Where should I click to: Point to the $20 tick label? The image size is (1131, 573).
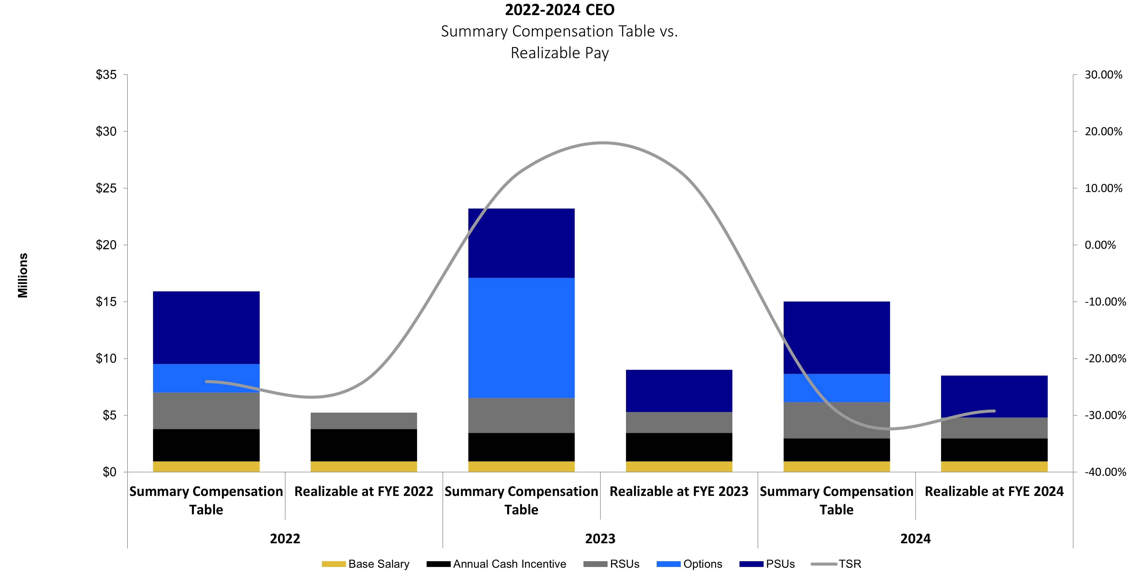[106, 245]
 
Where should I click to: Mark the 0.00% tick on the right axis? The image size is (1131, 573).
[1100, 245]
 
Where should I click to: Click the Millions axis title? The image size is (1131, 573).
[23, 275]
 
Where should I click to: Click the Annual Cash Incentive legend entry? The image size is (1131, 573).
[496, 564]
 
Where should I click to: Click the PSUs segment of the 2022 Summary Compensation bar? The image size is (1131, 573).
[206, 328]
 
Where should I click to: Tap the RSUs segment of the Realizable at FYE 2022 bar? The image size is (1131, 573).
[364, 421]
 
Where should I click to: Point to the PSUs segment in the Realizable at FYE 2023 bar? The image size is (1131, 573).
[679, 391]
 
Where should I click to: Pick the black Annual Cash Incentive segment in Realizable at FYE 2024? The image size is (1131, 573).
[994, 450]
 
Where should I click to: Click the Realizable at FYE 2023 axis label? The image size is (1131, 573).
[679, 491]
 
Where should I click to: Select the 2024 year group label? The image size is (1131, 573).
[915, 539]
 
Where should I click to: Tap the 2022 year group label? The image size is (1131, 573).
[285, 539]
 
